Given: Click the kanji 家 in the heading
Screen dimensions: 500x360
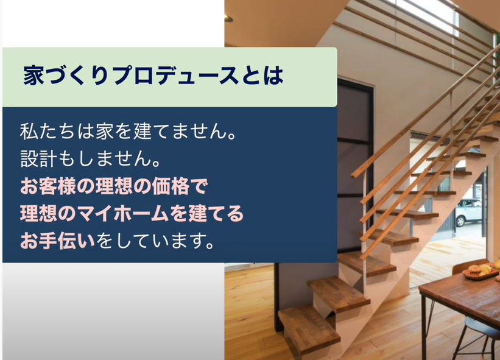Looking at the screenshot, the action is (x=33, y=76).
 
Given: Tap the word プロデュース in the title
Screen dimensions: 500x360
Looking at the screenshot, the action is (x=175, y=76).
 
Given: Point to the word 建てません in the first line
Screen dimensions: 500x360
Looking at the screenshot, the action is (x=180, y=131).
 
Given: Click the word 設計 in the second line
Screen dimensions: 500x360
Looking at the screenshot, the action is (x=38, y=158).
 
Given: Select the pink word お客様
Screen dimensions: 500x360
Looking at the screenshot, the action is (x=48, y=186).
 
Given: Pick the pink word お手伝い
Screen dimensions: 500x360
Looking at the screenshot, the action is (x=57, y=241).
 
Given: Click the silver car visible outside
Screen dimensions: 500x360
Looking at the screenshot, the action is (x=468, y=211).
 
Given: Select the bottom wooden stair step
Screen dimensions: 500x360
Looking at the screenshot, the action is (x=309, y=329).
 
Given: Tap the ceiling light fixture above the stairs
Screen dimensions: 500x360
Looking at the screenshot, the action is (x=228, y=18).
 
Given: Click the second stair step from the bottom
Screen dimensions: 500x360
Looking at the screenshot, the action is (x=339, y=293).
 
